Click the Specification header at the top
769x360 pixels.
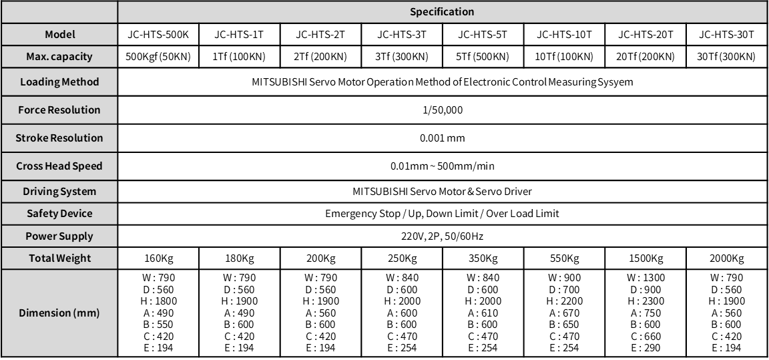click(442, 12)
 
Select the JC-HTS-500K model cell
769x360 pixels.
click(158, 35)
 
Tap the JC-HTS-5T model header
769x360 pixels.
click(483, 35)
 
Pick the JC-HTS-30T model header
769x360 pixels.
click(726, 35)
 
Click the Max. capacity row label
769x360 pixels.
click(60, 57)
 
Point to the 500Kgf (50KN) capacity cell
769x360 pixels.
click(158, 57)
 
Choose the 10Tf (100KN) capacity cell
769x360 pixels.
click(564, 57)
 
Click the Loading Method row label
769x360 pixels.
click(60, 82)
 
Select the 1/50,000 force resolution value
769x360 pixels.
click(442, 110)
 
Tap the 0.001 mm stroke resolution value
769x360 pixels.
click(442, 138)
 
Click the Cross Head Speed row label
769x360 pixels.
click(60, 166)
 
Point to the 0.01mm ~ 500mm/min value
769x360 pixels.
click(442, 166)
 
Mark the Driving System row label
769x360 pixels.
click(60, 192)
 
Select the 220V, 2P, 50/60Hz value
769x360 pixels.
click(442, 236)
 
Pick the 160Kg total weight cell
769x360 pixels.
click(158, 258)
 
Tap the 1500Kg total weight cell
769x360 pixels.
click(645, 258)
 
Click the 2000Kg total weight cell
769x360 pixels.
click(726, 258)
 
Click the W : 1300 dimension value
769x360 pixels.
click(645, 278)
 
